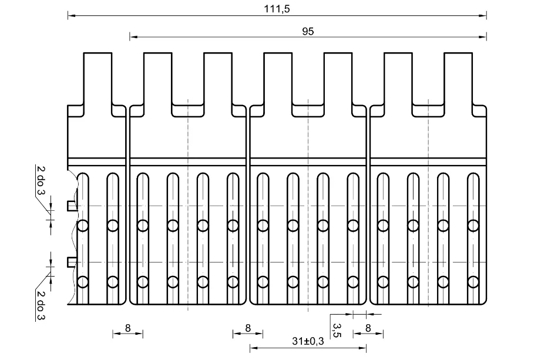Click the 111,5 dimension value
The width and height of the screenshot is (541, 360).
click(x=277, y=9)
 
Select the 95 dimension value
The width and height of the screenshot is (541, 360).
click(x=308, y=31)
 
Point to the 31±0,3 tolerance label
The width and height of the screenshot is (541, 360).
click(x=308, y=341)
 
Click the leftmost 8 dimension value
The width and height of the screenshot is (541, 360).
click(x=127, y=328)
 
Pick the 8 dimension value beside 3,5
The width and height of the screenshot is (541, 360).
click(x=368, y=328)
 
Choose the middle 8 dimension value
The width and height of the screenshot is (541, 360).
click(x=248, y=328)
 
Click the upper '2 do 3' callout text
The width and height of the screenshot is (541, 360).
click(x=41, y=180)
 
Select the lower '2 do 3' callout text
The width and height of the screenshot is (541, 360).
click(x=41, y=305)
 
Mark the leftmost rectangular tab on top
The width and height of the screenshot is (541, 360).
click(x=98, y=79)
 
